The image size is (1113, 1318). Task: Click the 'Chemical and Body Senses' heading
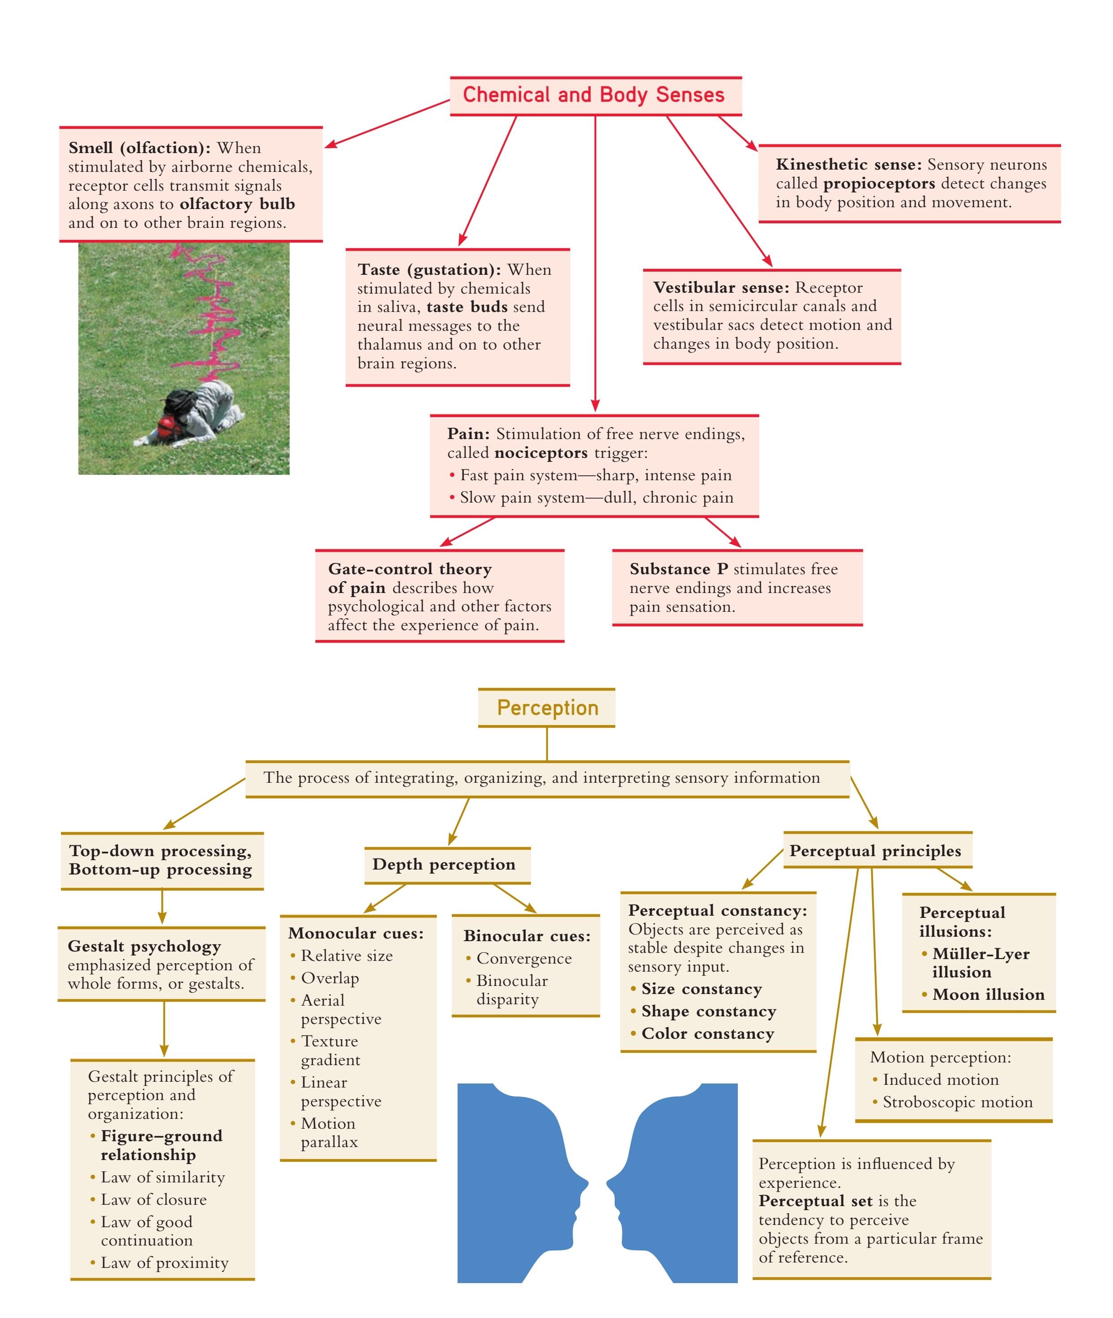[x=593, y=95]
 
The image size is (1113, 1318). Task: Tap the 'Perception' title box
[x=547, y=708]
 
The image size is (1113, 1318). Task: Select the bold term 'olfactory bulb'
[x=237, y=205]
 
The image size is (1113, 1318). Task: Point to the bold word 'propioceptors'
[x=879, y=183]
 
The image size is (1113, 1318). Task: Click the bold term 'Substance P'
[x=678, y=569]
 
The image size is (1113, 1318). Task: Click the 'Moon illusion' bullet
[x=988, y=994]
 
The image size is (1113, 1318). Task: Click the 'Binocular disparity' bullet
[x=512, y=990]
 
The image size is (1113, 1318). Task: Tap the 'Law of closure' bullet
[x=153, y=1199]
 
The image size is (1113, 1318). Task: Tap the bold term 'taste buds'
[x=467, y=307]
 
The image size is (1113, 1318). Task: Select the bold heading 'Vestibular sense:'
[x=720, y=288]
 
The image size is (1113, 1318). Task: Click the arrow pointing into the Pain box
[x=595, y=404]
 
